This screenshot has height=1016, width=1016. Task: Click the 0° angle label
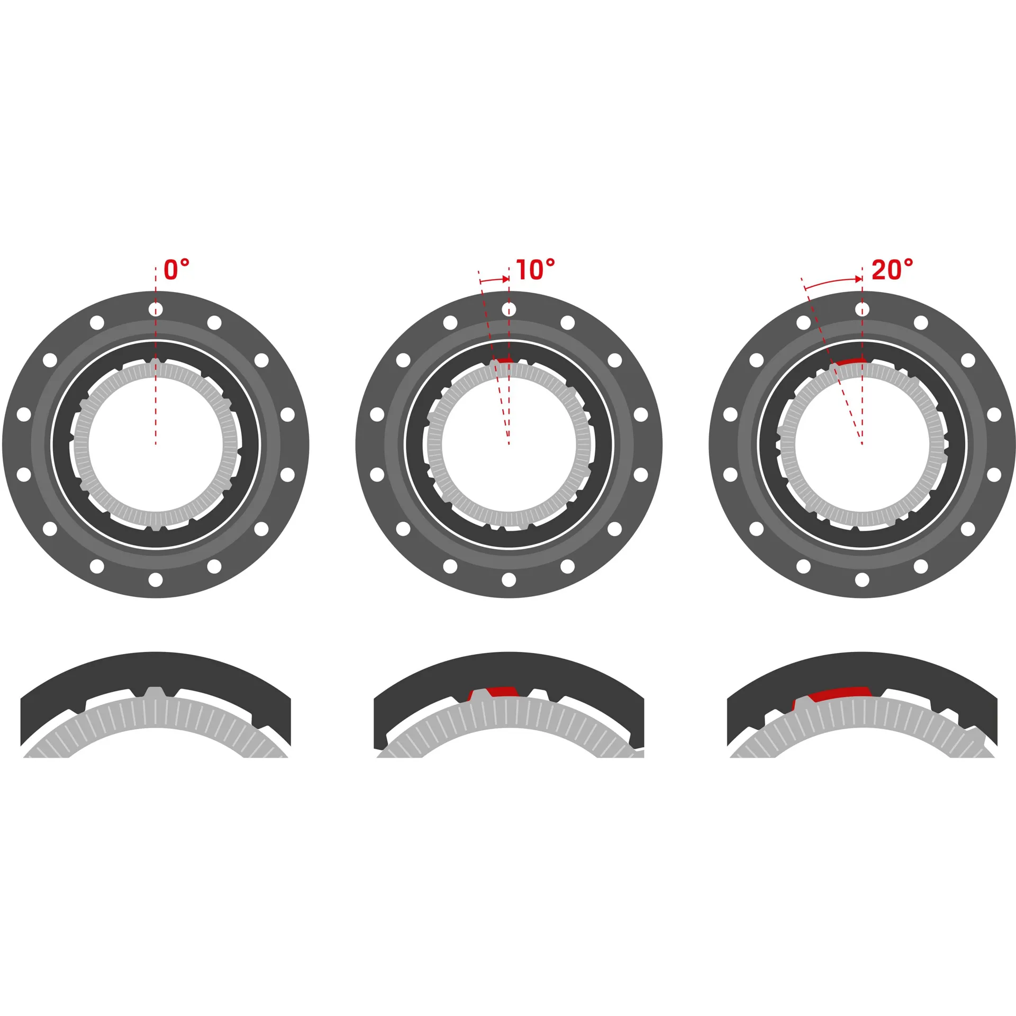click(x=177, y=269)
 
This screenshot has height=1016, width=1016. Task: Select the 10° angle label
click(x=536, y=269)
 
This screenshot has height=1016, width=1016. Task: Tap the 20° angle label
click(x=892, y=269)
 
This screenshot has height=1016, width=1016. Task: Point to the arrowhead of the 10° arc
click(x=505, y=279)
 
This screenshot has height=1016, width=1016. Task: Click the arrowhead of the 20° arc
click(x=858, y=279)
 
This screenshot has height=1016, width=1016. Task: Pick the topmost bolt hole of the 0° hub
click(x=156, y=310)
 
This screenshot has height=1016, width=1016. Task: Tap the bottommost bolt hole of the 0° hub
click(x=156, y=579)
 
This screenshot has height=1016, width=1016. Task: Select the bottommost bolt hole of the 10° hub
click(x=509, y=579)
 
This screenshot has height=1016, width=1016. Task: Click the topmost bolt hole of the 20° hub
click(x=862, y=310)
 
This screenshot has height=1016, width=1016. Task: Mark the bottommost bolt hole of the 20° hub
click(x=862, y=579)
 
